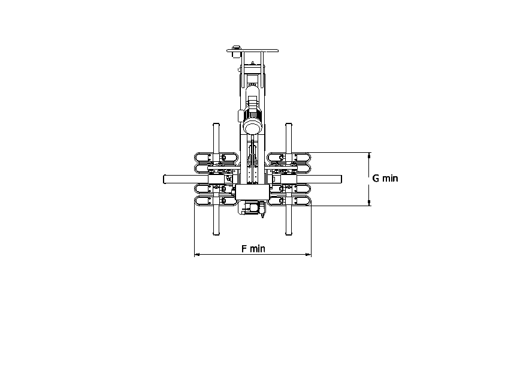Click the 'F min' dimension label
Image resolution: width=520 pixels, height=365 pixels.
click(x=253, y=249)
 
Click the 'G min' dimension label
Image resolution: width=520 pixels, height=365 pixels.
click(x=385, y=178)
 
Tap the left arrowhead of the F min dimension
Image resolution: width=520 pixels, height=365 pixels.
click(x=196, y=255)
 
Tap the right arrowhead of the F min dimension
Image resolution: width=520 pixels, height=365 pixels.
click(x=309, y=255)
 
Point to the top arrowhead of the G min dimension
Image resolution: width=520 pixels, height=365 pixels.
click(x=369, y=155)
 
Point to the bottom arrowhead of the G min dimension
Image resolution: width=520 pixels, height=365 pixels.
click(x=369, y=203)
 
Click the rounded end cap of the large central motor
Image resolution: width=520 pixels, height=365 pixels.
click(x=253, y=126)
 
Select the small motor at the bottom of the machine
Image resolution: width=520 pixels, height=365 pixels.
click(x=252, y=208)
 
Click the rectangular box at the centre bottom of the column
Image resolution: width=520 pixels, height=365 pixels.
click(x=252, y=192)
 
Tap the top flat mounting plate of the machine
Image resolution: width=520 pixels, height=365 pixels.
click(x=252, y=50)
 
